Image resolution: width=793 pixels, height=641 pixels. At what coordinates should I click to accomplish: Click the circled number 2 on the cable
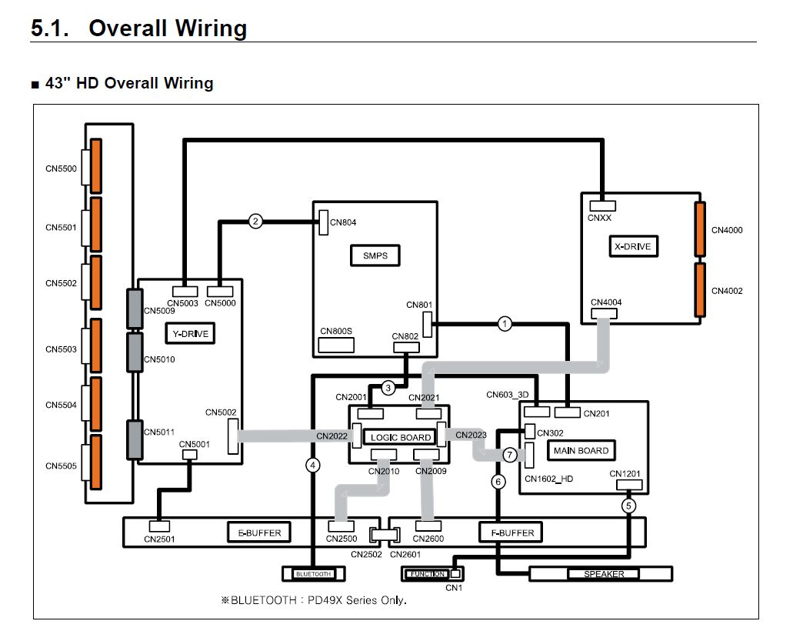[x=256, y=222]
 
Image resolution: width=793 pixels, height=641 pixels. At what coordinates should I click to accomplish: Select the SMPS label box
[x=375, y=255]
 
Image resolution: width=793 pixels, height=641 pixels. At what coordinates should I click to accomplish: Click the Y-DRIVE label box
[x=190, y=333]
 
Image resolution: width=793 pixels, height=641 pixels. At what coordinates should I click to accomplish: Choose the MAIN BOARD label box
[x=581, y=450]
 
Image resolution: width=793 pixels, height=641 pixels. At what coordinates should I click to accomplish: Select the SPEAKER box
[x=604, y=574]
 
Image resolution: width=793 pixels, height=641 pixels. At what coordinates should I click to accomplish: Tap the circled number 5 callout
[x=629, y=506]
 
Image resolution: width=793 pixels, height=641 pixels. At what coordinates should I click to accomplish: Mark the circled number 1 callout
[x=504, y=323]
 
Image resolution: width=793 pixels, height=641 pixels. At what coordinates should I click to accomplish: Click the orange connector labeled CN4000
[x=700, y=229]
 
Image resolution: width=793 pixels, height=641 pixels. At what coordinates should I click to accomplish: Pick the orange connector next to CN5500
[x=96, y=166]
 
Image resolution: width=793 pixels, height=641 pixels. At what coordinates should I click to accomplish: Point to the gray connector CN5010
[x=135, y=352]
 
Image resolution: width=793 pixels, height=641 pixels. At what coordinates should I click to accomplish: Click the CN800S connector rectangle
[x=336, y=344]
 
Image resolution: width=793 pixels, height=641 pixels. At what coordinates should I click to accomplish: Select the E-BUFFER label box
[x=258, y=532]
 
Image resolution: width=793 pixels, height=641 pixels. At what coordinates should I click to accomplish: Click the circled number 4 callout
[x=312, y=464]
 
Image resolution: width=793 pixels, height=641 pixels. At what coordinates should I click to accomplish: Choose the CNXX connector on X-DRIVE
[x=603, y=205]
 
